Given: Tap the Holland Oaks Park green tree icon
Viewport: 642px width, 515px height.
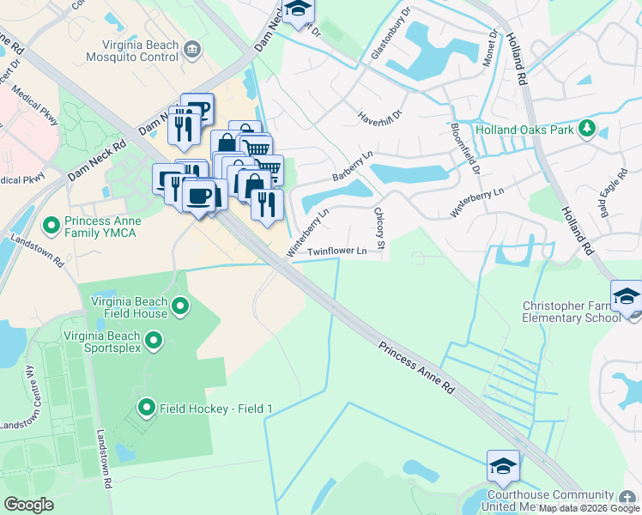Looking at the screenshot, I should [586, 130].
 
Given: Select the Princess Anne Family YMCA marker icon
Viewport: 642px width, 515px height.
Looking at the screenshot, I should [51, 227].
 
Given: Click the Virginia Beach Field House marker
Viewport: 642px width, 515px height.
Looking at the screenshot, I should [180, 306].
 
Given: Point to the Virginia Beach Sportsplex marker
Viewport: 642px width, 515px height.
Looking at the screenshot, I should [154, 342].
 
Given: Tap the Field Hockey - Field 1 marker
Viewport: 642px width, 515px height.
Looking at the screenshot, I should [146, 408].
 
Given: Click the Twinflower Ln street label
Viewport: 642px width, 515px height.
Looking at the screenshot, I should [337, 251].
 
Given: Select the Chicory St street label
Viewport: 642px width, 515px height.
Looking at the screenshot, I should [380, 222].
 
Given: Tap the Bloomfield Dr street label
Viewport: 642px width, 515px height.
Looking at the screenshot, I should [463, 148].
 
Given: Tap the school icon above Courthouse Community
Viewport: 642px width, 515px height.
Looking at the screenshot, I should [503, 466].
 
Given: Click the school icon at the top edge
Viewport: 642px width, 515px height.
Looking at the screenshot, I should [299, 9].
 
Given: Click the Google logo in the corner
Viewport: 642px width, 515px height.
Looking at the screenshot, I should [29, 505].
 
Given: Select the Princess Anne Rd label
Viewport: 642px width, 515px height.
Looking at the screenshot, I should [416, 366].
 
